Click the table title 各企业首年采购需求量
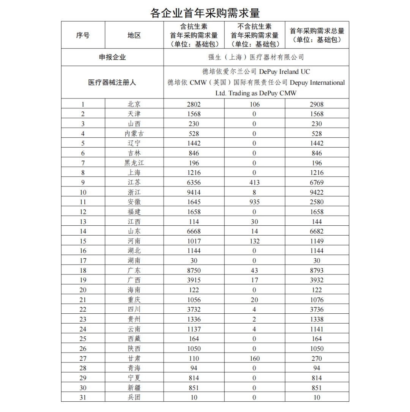[205, 13]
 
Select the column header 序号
[83, 35]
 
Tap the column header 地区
[134, 35]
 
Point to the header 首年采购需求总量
[317, 35]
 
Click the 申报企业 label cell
[112, 57]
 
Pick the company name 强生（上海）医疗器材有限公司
[256, 57]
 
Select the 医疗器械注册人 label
[112, 82]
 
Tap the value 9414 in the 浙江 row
[194, 192]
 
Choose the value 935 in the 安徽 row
[254, 202]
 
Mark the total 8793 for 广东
[317, 270]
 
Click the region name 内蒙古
[134, 134]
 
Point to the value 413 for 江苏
[254, 182]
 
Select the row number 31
[83, 397]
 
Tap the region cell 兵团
[134, 397]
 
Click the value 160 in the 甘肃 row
[254, 358]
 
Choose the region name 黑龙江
[134, 163]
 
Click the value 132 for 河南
[254, 241]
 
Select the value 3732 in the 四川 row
[194, 310]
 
